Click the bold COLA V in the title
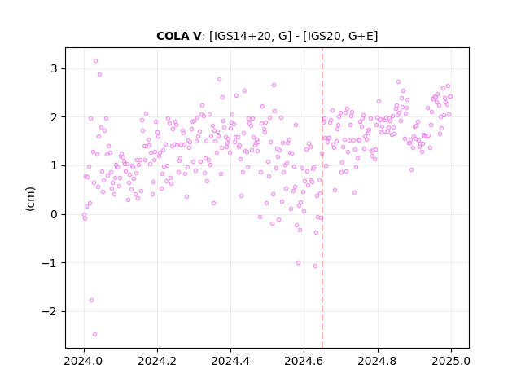point(178,36)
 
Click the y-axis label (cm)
point(30,199)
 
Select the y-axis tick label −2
point(49,311)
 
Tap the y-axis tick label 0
point(54,214)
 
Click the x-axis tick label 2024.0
point(84,361)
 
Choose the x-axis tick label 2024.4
point(230,361)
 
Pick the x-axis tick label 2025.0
point(451,361)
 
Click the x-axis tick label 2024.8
point(377,361)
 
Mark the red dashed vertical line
point(322,198)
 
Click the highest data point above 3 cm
point(95,61)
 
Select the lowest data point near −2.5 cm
point(94,334)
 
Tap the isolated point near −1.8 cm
point(91,301)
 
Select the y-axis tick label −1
point(49,263)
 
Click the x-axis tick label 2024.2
point(157,361)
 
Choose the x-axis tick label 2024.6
point(304,361)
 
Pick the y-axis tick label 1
point(54,165)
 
